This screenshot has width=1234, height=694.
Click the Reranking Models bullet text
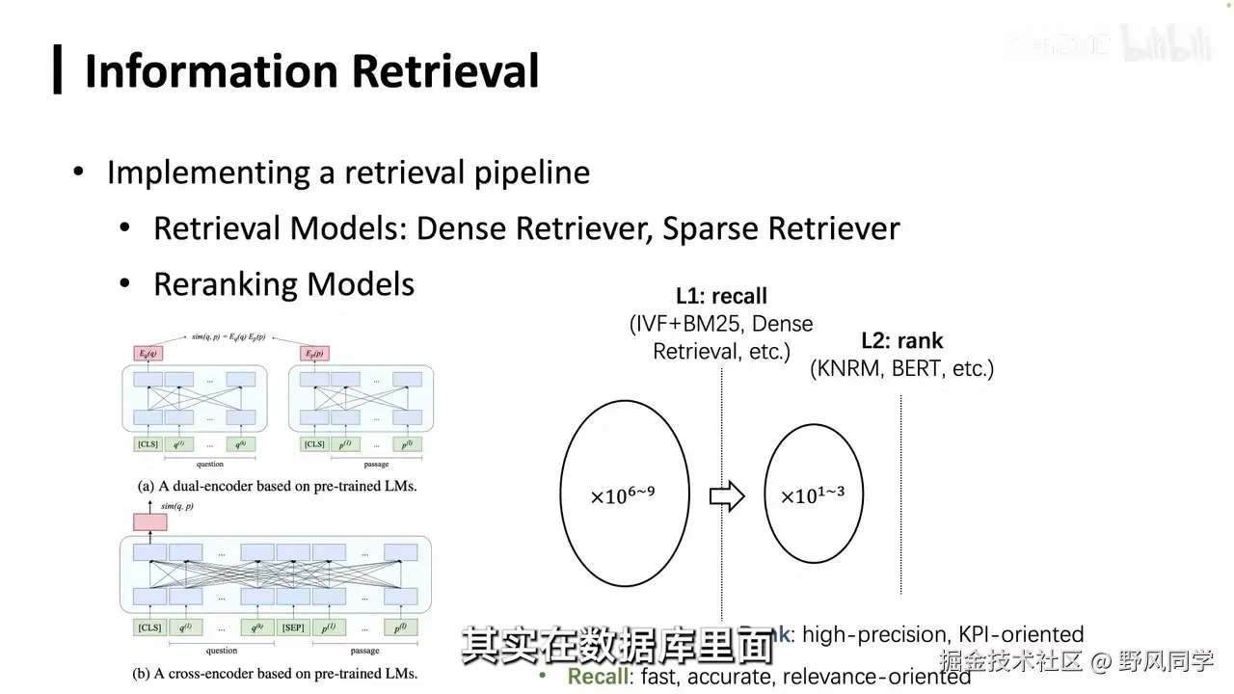click(283, 284)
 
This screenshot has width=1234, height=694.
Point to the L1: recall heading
click(721, 297)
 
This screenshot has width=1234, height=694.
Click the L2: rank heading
click(901, 340)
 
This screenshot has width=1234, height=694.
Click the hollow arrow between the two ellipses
click(727, 495)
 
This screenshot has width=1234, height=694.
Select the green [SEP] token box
click(293, 627)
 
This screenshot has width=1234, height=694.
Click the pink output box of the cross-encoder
click(149, 521)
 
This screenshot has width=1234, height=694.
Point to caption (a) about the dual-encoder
click(278, 487)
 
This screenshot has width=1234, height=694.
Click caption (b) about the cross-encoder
click(278, 673)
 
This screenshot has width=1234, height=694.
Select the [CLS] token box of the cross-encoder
click(149, 627)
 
